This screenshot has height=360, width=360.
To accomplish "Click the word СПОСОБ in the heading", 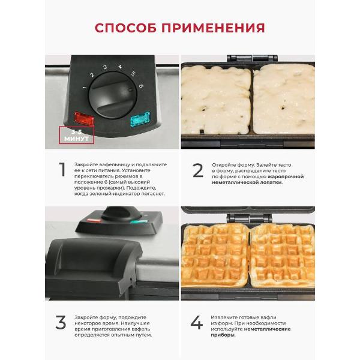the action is pyautogui.click(x=126, y=28).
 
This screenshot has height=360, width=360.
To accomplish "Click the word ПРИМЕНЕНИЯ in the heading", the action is pyautogui.click(x=213, y=28).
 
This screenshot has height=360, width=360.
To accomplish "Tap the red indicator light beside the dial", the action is pyautogui.click(x=84, y=118).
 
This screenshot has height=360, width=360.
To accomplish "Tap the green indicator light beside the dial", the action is pyautogui.click(x=140, y=118).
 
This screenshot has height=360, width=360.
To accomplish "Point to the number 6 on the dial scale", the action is pyautogui.click(x=141, y=86).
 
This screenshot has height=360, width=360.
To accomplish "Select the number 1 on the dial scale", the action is pyautogui.click(x=85, y=88).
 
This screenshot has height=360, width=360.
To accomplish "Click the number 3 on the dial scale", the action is pyautogui.click(x=105, y=67).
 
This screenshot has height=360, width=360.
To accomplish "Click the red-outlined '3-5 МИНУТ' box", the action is pyautogui.click(x=77, y=135).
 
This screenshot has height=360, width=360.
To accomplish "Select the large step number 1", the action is pyautogui.click(x=62, y=169).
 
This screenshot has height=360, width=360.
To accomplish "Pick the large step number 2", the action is pyautogui.click(x=198, y=170).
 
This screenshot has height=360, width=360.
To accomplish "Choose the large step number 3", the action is pyautogui.click(x=61, y=322).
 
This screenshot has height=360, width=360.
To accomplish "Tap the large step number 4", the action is pyautogui.click(x=197, y=322).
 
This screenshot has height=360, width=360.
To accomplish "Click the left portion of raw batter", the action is pyautogui.click(x=216, y=100).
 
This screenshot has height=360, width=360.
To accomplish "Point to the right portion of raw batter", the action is pyautogui.click(x=284, y=100).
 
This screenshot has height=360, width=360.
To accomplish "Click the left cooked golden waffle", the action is pyautogui.click(x=215, y=255).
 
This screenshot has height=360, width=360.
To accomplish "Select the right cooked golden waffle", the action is pyautogui.click(x=283, y=255).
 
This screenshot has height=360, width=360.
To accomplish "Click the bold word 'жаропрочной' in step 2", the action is pyautogui.click(x=286, y=176).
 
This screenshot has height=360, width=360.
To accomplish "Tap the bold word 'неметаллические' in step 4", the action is pyautogui.click(x=267, y=329).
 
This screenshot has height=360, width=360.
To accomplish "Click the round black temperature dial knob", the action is pyautogui.click(x=113, y=95).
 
